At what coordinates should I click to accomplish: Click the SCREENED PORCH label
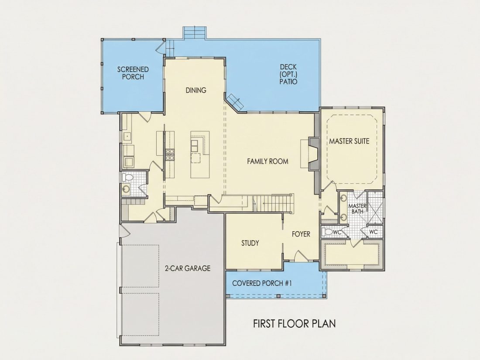pyautogui.click(x=133, y=73)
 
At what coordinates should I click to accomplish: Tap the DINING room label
pyautogui.click(x=196, y=90)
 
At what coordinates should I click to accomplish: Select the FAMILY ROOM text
pyautogui.click(x=267, y=161)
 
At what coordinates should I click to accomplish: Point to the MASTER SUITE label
pyautogui.click(x=349, y=141)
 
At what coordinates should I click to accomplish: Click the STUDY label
pyautogui.click(x=250, y=243)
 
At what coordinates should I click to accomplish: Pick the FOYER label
pyautogui.click(x=301, y=234)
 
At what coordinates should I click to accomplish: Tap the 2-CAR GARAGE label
pyautogui.click(x=188, y=268)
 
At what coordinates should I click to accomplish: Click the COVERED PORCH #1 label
pyautogui.click(x=262, y=283)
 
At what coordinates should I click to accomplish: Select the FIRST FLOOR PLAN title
pyautogui.click(x=294, y=324)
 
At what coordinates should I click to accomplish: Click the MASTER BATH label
pyautogui.click(x=357, y=209)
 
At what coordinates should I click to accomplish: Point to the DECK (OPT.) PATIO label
pyautogui.click(x=288, y=74)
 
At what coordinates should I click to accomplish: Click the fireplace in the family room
pyautogui.click(x=313, y=154)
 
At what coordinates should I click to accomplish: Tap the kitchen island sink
pyautogui.click(x=194, y=147)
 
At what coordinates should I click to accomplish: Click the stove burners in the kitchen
pyautogui.click(x=170, y=154)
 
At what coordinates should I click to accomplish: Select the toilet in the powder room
pyautogui.click(x=127, y=177)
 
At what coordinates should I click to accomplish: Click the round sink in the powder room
pyautogui.click(x=126, y=189)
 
